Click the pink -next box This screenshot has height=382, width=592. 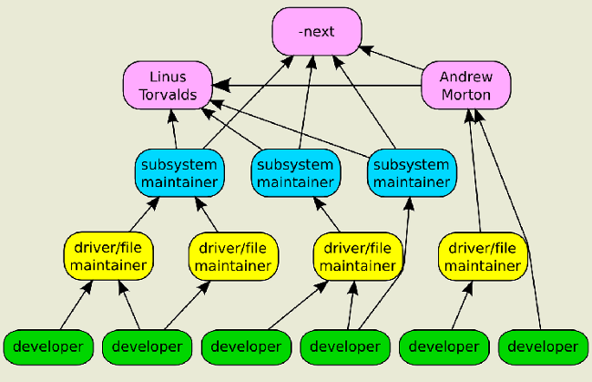pos(317,31)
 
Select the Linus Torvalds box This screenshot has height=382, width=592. pos(168,86)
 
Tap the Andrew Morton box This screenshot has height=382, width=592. pos(466,86)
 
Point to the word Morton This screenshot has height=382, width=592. pos(466,95)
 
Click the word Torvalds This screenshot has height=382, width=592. pos(168,95)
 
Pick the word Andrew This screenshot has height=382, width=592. pos(466,77)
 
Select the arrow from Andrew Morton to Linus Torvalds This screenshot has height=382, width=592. pos(317,86)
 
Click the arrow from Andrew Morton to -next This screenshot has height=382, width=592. pos(391,57)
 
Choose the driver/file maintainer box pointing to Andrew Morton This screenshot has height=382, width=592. pos(483,256)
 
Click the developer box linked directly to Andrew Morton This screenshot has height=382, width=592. pos(544,347)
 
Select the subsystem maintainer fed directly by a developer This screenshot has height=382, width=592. pos(412,173)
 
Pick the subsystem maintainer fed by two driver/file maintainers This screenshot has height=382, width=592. pos(179,173)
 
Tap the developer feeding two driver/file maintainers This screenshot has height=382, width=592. pos(147,347)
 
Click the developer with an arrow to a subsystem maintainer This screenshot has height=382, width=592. pos(345,347)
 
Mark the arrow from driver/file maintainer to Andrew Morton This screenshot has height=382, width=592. pos(475,170)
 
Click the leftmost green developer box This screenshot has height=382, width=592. pos(48,347)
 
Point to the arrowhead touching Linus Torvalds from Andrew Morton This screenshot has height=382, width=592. pos(221,86)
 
